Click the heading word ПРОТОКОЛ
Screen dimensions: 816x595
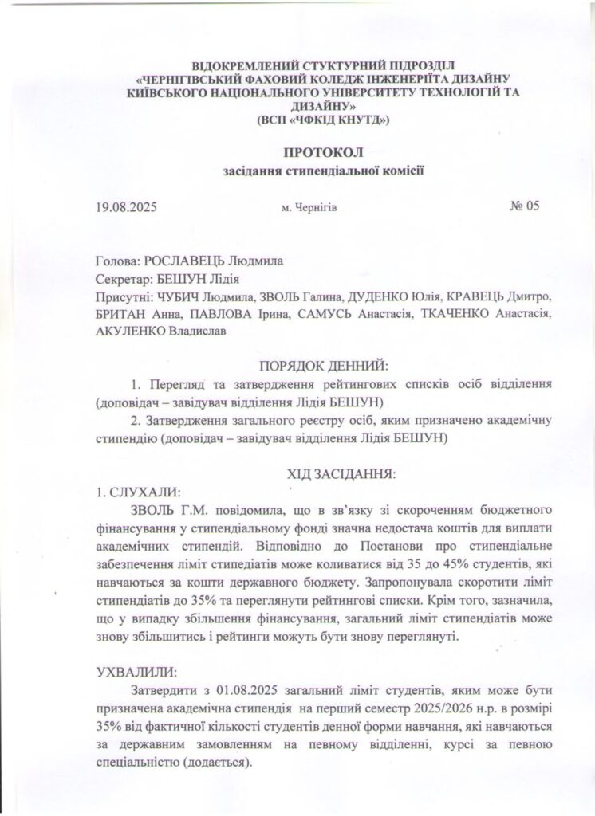tap(297, 152)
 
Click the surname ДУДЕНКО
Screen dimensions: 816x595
tap(383, 296)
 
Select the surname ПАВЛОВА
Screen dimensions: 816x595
tap(216, 314)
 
